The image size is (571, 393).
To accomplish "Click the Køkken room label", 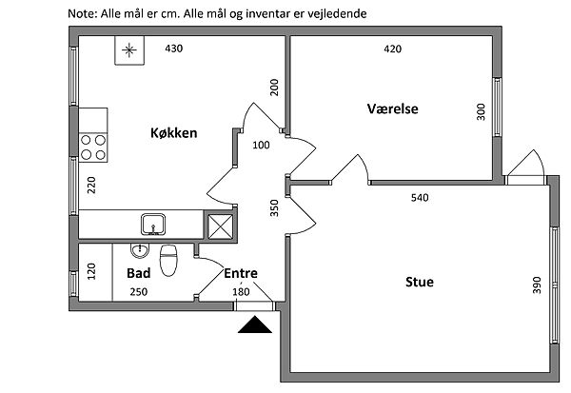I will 173,133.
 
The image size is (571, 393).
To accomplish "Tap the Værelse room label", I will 393,108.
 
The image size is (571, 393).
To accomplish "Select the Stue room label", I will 420,281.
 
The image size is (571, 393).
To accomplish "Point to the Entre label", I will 241,272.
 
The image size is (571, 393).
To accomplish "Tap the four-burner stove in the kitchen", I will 93,147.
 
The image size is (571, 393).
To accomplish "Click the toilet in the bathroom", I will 169,259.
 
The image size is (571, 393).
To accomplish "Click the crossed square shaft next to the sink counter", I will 220,226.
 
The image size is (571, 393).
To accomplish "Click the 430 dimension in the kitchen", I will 174,49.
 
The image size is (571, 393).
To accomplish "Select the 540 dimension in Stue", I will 419,199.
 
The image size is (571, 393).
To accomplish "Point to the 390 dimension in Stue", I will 536,283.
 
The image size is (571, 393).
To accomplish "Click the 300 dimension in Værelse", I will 481,113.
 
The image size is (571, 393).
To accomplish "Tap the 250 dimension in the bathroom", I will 139,291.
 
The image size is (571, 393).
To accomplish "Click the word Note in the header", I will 83,14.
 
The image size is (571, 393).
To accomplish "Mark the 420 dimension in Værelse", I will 392,49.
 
